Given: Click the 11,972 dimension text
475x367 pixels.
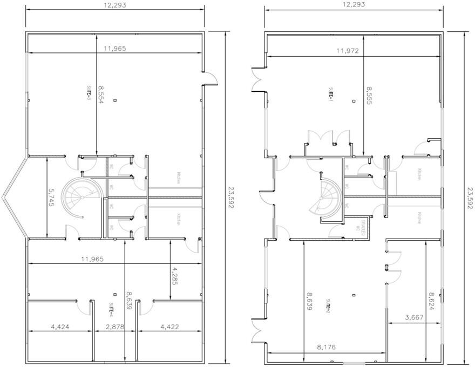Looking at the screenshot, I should coord(348,51).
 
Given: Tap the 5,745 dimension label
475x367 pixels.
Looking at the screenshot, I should coord(52,198).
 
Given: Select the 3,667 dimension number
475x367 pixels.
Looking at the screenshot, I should coord(415,318).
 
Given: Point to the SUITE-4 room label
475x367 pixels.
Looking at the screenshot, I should coord(110,309).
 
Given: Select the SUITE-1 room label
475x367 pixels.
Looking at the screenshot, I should coord(331,93).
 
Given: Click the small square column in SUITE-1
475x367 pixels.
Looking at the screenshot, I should coord(353,100).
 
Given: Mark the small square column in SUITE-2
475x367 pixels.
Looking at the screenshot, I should coord(353,295).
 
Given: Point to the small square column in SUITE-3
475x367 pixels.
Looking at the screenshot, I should coord(121,100).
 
